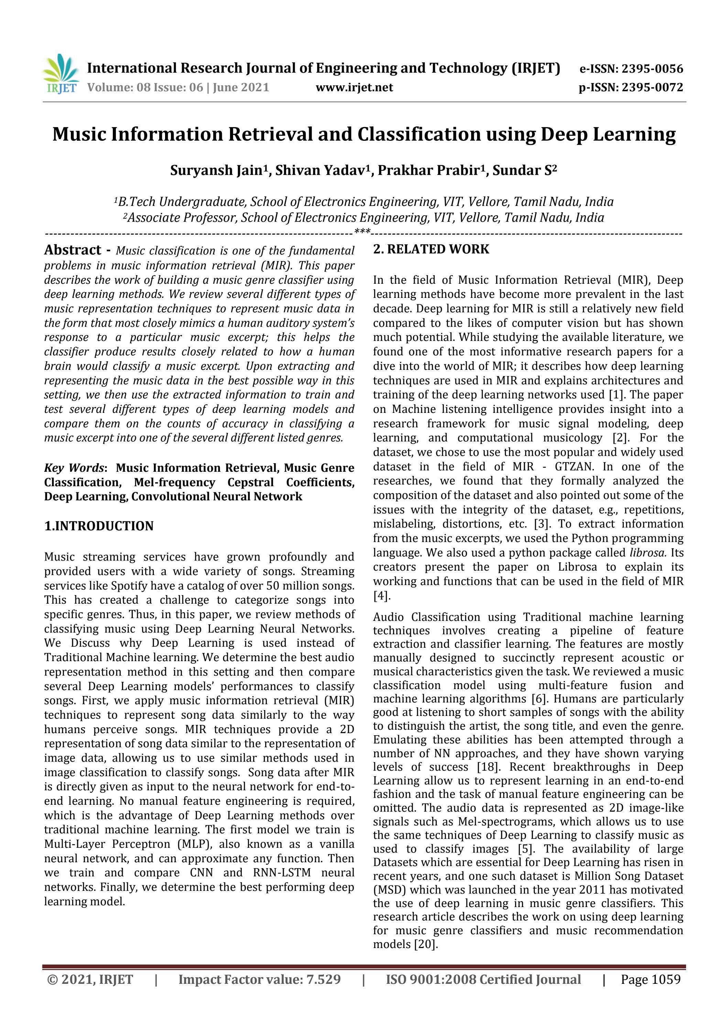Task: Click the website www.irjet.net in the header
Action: coord(354,87)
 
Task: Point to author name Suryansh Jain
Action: coord(218,171)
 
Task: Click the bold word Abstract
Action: coord(73,250)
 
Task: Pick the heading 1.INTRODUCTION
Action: coord(99,526)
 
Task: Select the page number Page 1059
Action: coord(650,979)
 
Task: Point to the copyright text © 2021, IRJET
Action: coord(90,979)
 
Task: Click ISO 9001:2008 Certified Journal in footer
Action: coord(483,979)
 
